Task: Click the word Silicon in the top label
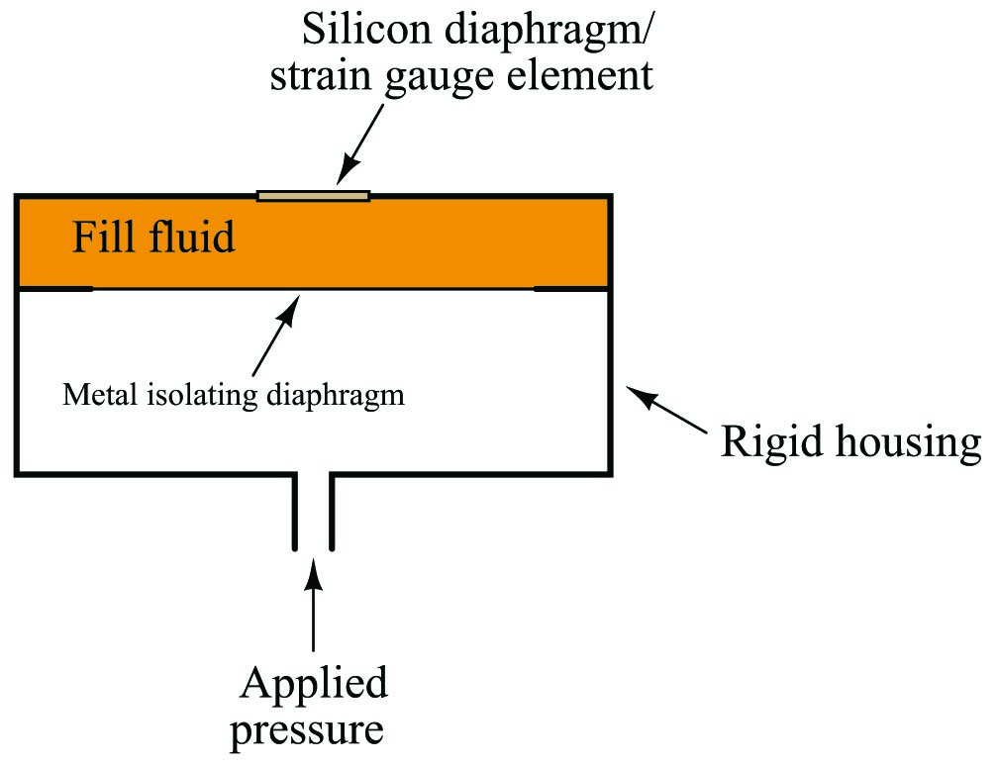[366, 30]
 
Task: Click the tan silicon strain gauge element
[313, 196]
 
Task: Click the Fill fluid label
[153, 237]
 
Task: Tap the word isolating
[202, 396]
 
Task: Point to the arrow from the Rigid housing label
[667, 410]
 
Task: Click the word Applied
[314, 684]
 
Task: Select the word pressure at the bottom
[307, 730]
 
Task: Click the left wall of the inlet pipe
[295, 512]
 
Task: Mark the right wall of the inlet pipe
[332, 512]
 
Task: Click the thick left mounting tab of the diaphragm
[56, 289]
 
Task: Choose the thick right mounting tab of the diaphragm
[571, 289]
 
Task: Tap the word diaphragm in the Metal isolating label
[336, 396]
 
